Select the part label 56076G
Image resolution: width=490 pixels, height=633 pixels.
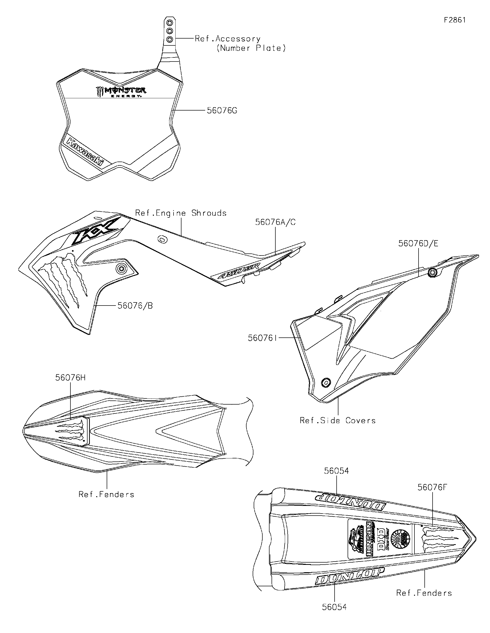(222, 111)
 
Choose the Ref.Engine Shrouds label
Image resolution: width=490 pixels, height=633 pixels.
(181, 213)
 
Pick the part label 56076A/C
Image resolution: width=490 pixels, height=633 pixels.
(275, 222)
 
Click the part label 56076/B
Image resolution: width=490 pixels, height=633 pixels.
(135, 306)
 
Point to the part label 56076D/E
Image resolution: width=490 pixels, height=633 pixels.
(418, 244)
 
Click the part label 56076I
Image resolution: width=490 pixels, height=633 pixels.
(263, 338)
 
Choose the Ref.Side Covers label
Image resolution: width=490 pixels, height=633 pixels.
(338, 421)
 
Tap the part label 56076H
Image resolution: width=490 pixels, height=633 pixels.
(70, 378)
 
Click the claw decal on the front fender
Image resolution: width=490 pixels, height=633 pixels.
(71, 431)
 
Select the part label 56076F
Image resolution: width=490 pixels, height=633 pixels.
(432, 488)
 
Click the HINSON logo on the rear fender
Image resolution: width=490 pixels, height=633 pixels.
(369, 540)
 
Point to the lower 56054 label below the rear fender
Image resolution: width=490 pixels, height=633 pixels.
(334, 607)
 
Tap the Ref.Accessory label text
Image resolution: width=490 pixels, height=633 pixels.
(227, 39)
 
